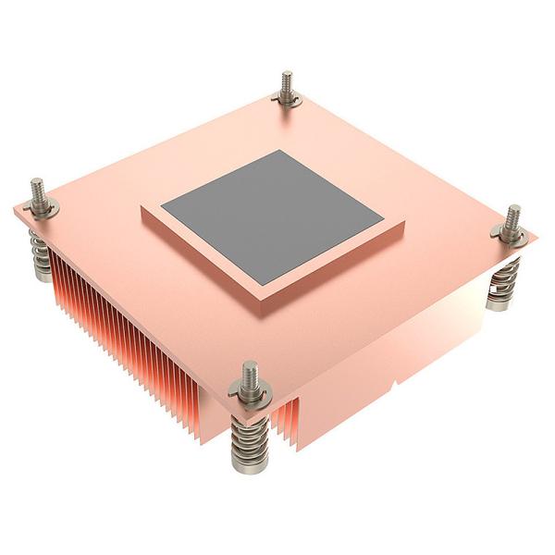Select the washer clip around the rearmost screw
[287, 98]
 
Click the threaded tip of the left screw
[40, 190]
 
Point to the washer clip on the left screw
[43, 210]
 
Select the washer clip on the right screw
[510, 236]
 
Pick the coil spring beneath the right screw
[503, 282]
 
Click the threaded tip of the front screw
[250, 374]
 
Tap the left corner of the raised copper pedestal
[142, 214]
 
